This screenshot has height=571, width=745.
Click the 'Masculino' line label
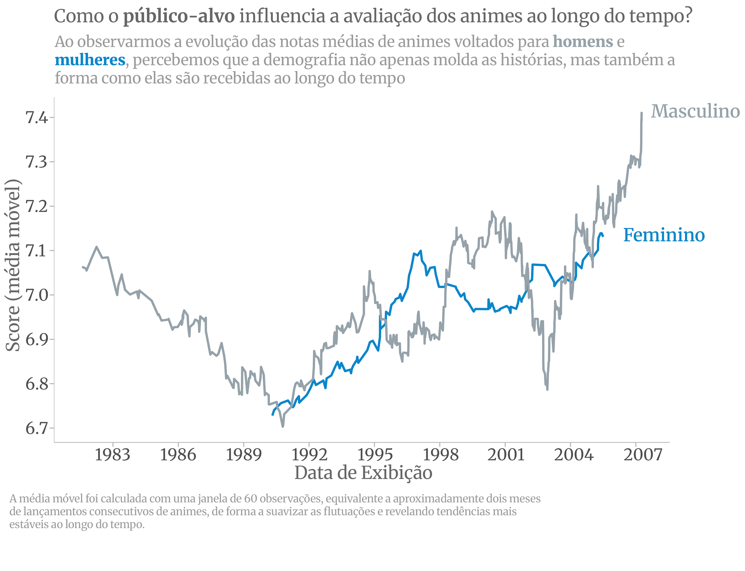click(x=695, y=112)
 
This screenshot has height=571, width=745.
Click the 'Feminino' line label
click(x=664, y=235)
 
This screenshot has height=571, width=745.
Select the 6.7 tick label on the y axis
click(x=37, y=428)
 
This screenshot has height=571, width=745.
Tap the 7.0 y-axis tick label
click(x=37, y=295)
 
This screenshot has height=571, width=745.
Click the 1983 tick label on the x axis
click(x=112, y=455)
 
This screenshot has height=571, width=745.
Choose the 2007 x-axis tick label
click(x=643, y=455)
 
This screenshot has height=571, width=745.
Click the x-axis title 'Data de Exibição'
click(x=363, y=473)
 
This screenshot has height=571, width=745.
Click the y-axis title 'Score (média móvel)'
click(x=13, y=265)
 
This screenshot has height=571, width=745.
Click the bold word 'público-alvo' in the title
click(x=179, y=16)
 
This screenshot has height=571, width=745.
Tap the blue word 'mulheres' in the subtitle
click(x=90, y=60)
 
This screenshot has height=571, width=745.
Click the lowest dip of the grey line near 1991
click(x=283, y=426)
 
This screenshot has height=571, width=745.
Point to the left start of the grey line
click(x=83, y=267)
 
